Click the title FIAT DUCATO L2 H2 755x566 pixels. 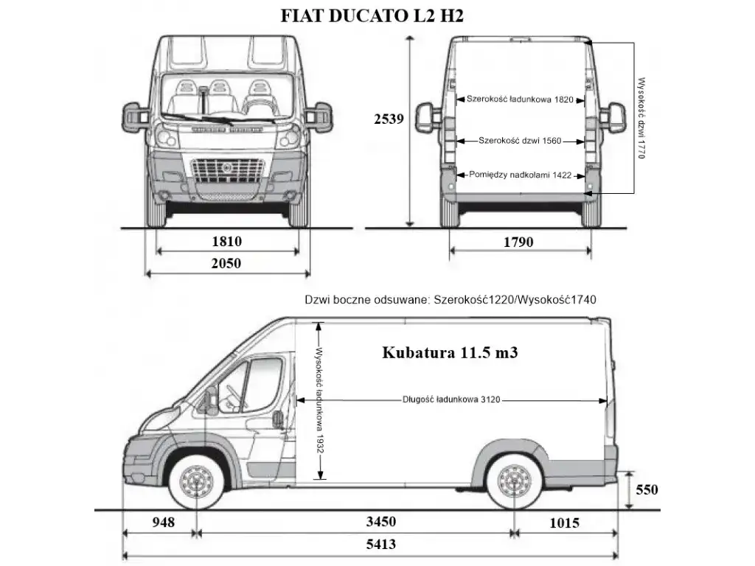tap(372, 16)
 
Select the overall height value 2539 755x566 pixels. tap(389, 119)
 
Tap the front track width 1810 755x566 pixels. tap(227, 241)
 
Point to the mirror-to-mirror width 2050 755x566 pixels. tap(226, 263)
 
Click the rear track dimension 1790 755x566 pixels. tap(518, 242)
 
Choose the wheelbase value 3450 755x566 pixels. tap(381, 521)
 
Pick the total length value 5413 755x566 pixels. tap(381, 544)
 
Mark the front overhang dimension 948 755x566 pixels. tap(163, 522)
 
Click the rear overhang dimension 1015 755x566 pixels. tap(564, 523)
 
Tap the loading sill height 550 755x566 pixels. tap(647, 489)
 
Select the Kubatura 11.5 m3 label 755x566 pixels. tap(450, 352)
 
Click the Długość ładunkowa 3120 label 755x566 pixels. tap(451, 399)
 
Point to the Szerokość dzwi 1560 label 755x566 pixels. tap(520, 141)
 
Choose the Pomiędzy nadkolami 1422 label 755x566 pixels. tap(520, 175)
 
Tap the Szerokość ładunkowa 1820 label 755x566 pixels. tap(520, 99)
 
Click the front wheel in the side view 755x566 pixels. tap(197, 482)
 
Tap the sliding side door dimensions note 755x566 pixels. tap(450, 300)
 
